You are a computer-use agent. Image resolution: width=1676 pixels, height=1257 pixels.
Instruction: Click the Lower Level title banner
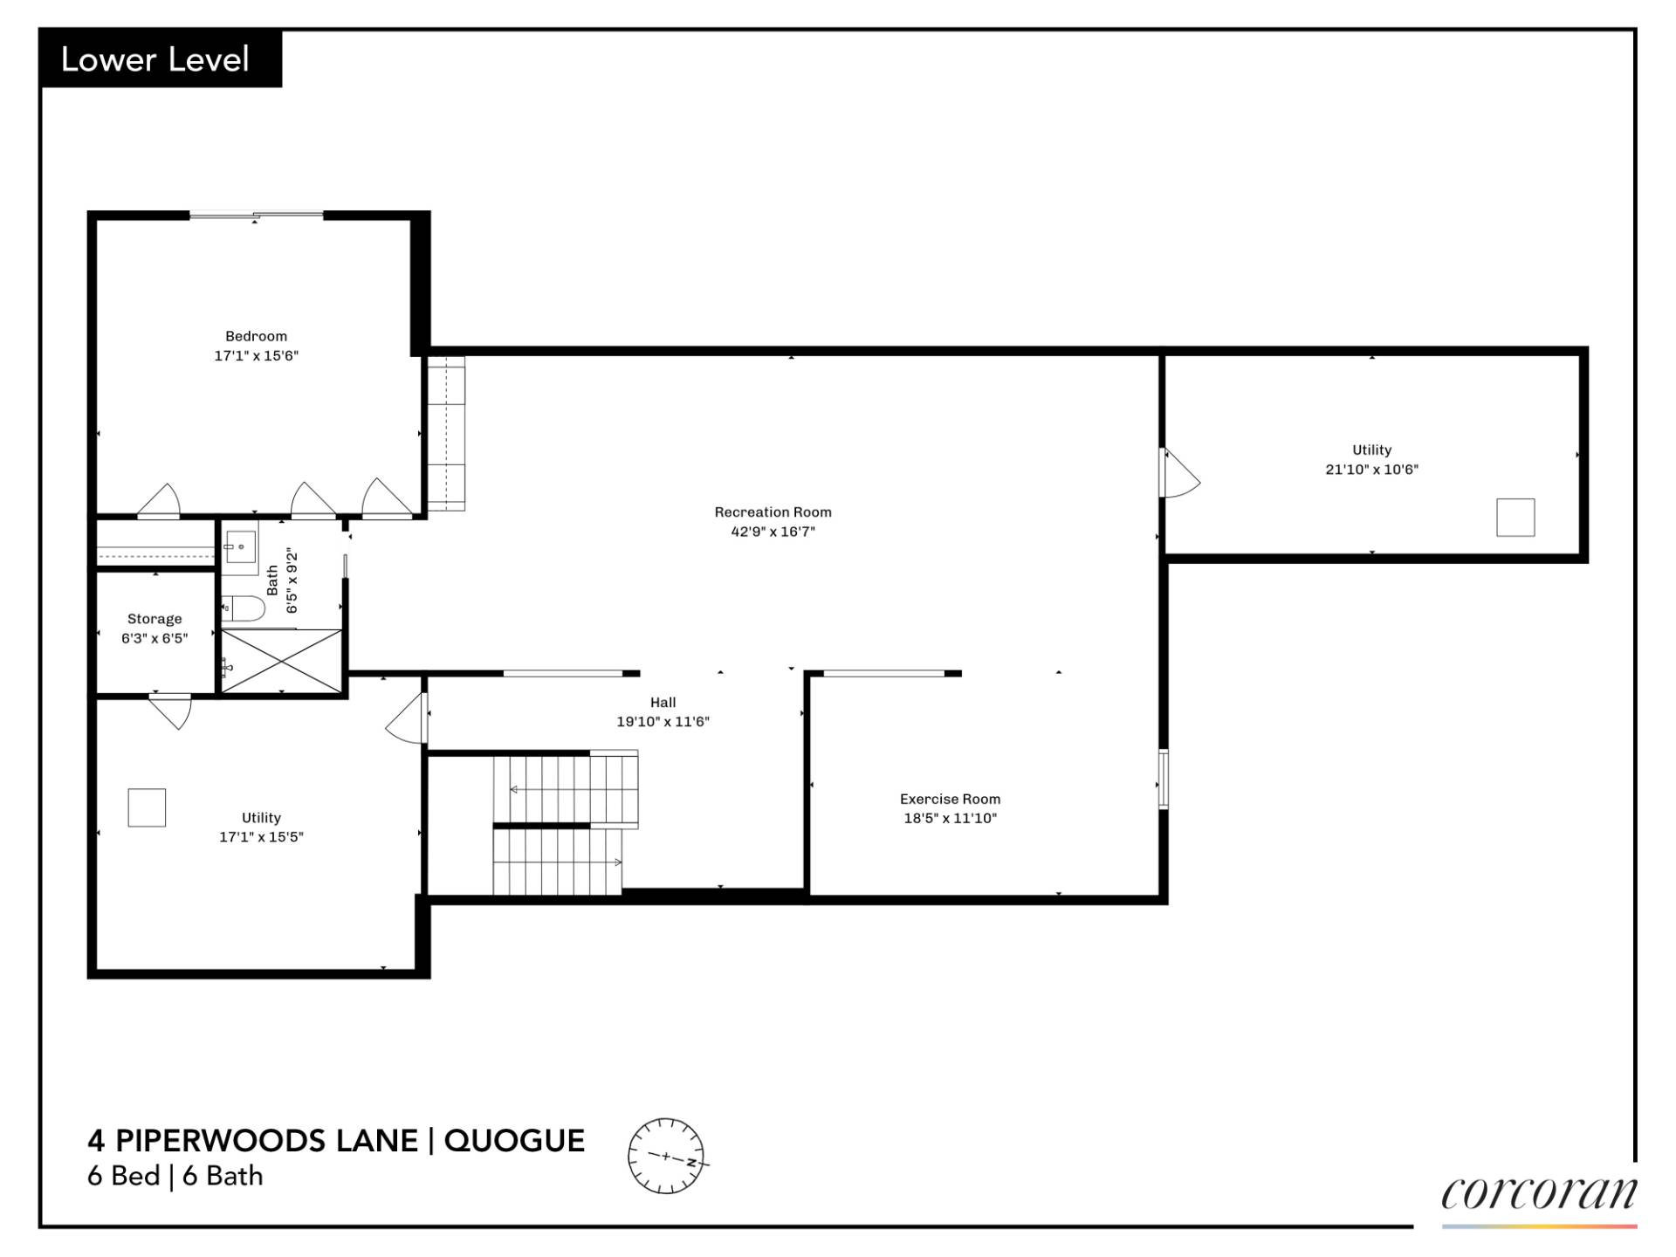pyautogui.click(x=161, y=59)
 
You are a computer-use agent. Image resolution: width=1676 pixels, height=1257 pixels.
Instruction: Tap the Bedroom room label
pyautogui.click(x=256, y=336)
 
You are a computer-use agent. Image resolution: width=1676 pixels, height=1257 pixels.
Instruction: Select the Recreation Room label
pyautogui.click(x=773, y=512)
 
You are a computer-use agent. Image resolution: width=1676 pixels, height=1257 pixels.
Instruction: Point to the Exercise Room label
pyautogui.click(x=950, y=799)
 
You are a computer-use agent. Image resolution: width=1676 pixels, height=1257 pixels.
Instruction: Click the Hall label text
pyautogui.click(x=663, y=702)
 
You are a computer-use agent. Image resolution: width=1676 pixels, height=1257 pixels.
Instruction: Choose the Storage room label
pyautogui.click(x=155, y=619)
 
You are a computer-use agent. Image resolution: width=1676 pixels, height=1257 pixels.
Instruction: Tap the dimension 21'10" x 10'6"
pyautogui.click(x=1371, y=470)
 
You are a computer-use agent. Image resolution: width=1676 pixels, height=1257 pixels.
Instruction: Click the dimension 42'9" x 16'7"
pyautogui.click(x=773, y=532)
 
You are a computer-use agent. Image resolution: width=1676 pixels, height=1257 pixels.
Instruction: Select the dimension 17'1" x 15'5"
pyautogui.click(x=261, y=837)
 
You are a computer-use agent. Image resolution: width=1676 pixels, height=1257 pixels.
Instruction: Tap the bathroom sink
pyautogui.click(x=239, y=546)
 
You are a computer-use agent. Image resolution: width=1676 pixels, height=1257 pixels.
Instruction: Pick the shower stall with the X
pyautogui.click(x=281, y=662)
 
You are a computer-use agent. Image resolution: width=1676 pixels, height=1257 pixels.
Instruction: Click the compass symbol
pyautogui.click(x=666, y=1156)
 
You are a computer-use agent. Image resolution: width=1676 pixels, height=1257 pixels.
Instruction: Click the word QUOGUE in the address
pyautogui.click(x=514, y=1141)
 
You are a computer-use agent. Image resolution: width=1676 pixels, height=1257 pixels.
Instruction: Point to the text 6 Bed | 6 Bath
pyautogui.click(x=175, y=1176)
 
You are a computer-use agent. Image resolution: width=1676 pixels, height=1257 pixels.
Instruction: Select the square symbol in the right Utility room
pyautogui.click(x=1515, y=517)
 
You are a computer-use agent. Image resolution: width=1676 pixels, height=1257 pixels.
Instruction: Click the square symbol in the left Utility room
pyautogui.click(x=147, y=807)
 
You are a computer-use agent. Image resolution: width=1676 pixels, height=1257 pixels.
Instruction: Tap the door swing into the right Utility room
pyautogui.click(x=1179, y=473)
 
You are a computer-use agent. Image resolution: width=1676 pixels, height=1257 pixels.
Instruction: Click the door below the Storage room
pyautogui.click(x=171, y=710)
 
